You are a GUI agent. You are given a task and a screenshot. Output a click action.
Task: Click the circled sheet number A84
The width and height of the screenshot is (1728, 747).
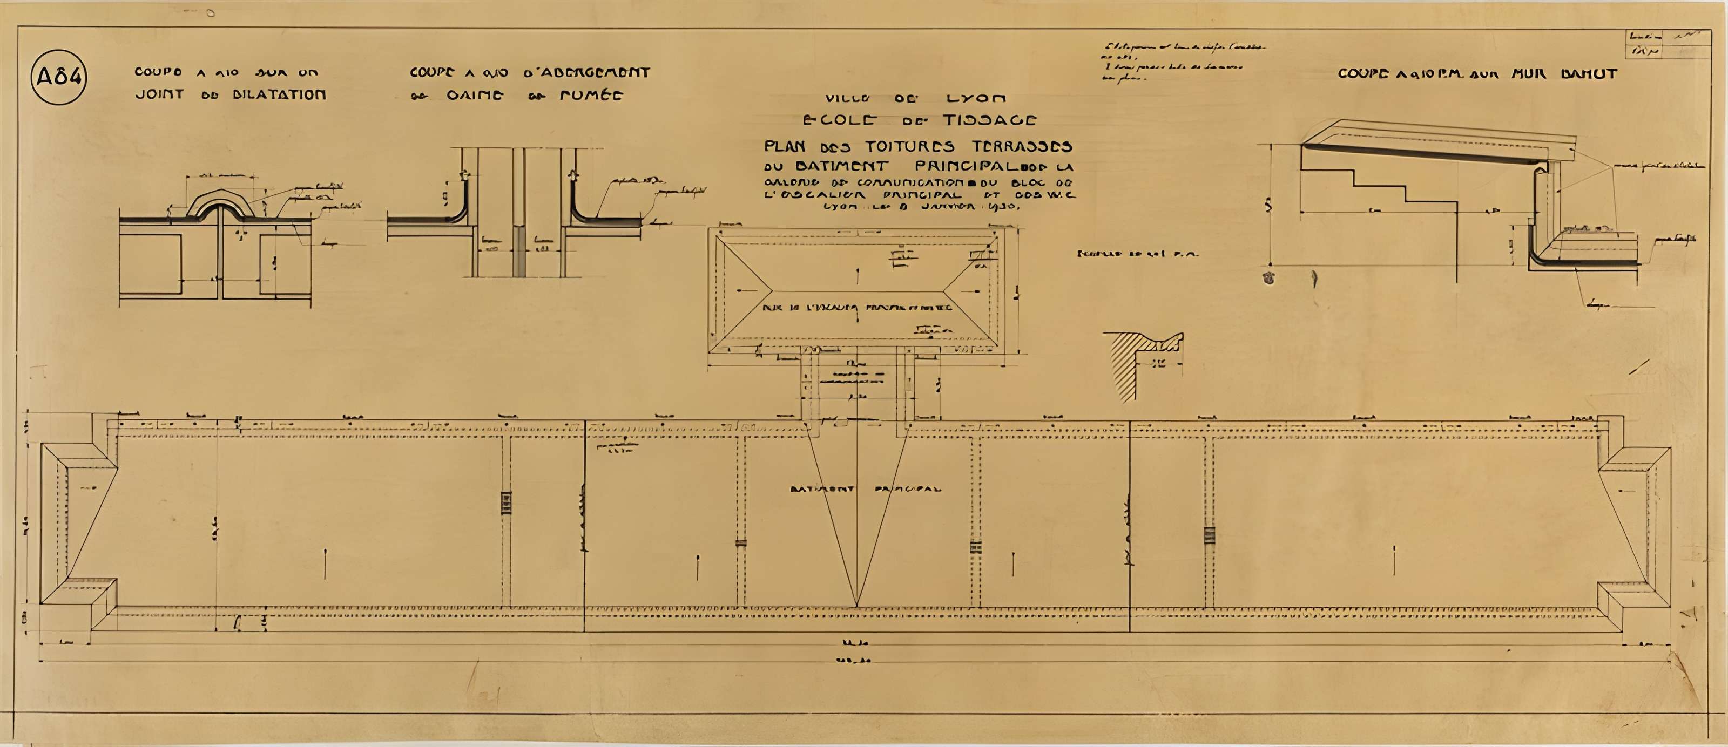[59, 77]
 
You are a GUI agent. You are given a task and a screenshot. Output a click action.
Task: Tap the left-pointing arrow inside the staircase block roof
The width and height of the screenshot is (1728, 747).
[742, 290]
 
